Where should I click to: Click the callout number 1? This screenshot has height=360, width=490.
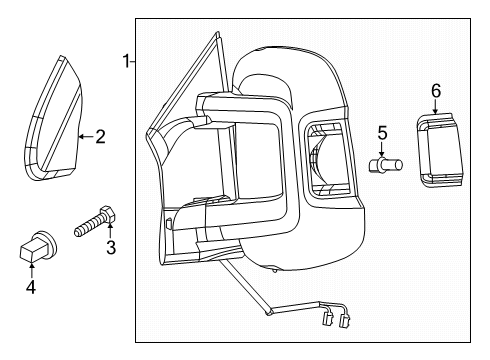coord(127,62)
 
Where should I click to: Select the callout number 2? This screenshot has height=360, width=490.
coord(100,137)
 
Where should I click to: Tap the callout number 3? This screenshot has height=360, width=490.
coord(111,247)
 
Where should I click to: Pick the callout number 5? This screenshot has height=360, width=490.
coord(381,131)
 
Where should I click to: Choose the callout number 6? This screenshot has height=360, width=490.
coord(435,91)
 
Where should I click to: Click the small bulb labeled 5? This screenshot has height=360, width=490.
coord(384,165)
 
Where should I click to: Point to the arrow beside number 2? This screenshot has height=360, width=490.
coord(84,137)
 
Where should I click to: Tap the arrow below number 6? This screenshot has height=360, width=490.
coord(435,108)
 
